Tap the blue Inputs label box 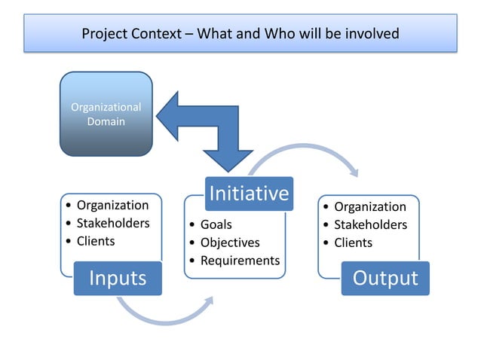tap(118, 278)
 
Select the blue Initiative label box tap(248, 194)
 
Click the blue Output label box tap(385, 278)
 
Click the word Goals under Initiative tap(216, 224)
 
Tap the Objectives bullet tap(229, 243)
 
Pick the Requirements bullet tap(240, 261)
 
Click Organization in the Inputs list tap(112, 205)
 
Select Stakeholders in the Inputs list tap(113, 223)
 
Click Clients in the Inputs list tap(96, 241)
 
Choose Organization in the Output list tap(370, 206)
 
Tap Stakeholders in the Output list tap(370, 224)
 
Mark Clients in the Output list tap(353, 243)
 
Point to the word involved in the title tap(369, 34)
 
